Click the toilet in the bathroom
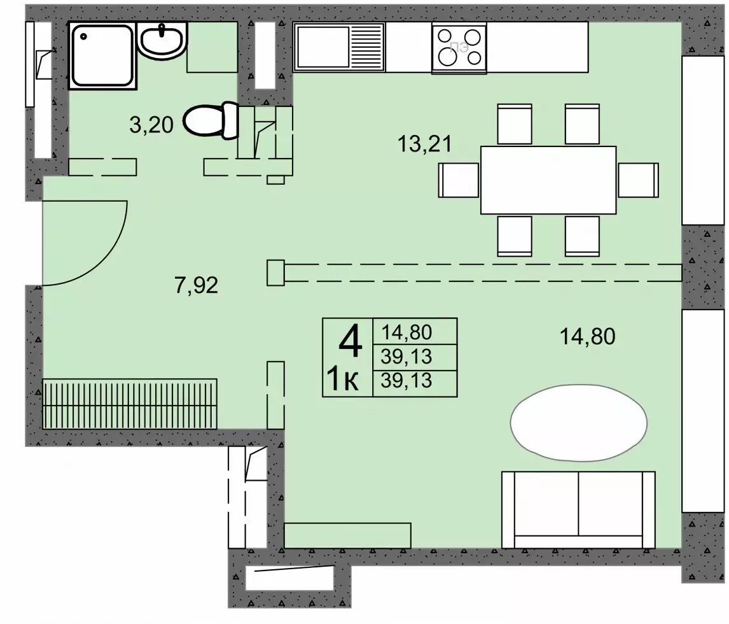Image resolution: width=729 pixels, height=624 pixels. [x=211, y=120]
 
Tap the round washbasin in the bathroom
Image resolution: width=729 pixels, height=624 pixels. [x=162, y=41]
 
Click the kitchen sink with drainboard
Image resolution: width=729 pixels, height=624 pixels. [x=339, y=47]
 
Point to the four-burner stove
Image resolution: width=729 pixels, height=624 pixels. [x=459, y=48]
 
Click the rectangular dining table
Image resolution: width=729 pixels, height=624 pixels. [x=548, y=180]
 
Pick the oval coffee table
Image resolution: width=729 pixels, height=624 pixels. [x=579, y=423]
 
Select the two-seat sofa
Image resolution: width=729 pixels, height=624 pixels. [x=578, y=509]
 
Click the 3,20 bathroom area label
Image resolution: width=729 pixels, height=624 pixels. [x=151, y=125]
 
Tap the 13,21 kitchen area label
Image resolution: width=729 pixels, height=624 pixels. [x=424, y=144]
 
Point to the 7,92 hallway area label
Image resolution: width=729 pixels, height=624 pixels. [x=196, y=285]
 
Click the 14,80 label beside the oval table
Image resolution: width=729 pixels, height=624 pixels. [x=588, y=336]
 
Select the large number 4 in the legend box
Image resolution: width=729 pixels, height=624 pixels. [x=350, y=341]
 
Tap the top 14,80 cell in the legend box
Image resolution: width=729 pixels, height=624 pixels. [x=407, y=332]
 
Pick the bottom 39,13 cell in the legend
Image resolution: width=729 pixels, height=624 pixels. [x=407, y=381]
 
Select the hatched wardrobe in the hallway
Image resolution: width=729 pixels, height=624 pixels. [x=130, y=404]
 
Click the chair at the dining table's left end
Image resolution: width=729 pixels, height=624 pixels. [x=459, y=180]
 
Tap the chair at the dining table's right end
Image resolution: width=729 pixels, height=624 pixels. [x=638, y=180]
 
